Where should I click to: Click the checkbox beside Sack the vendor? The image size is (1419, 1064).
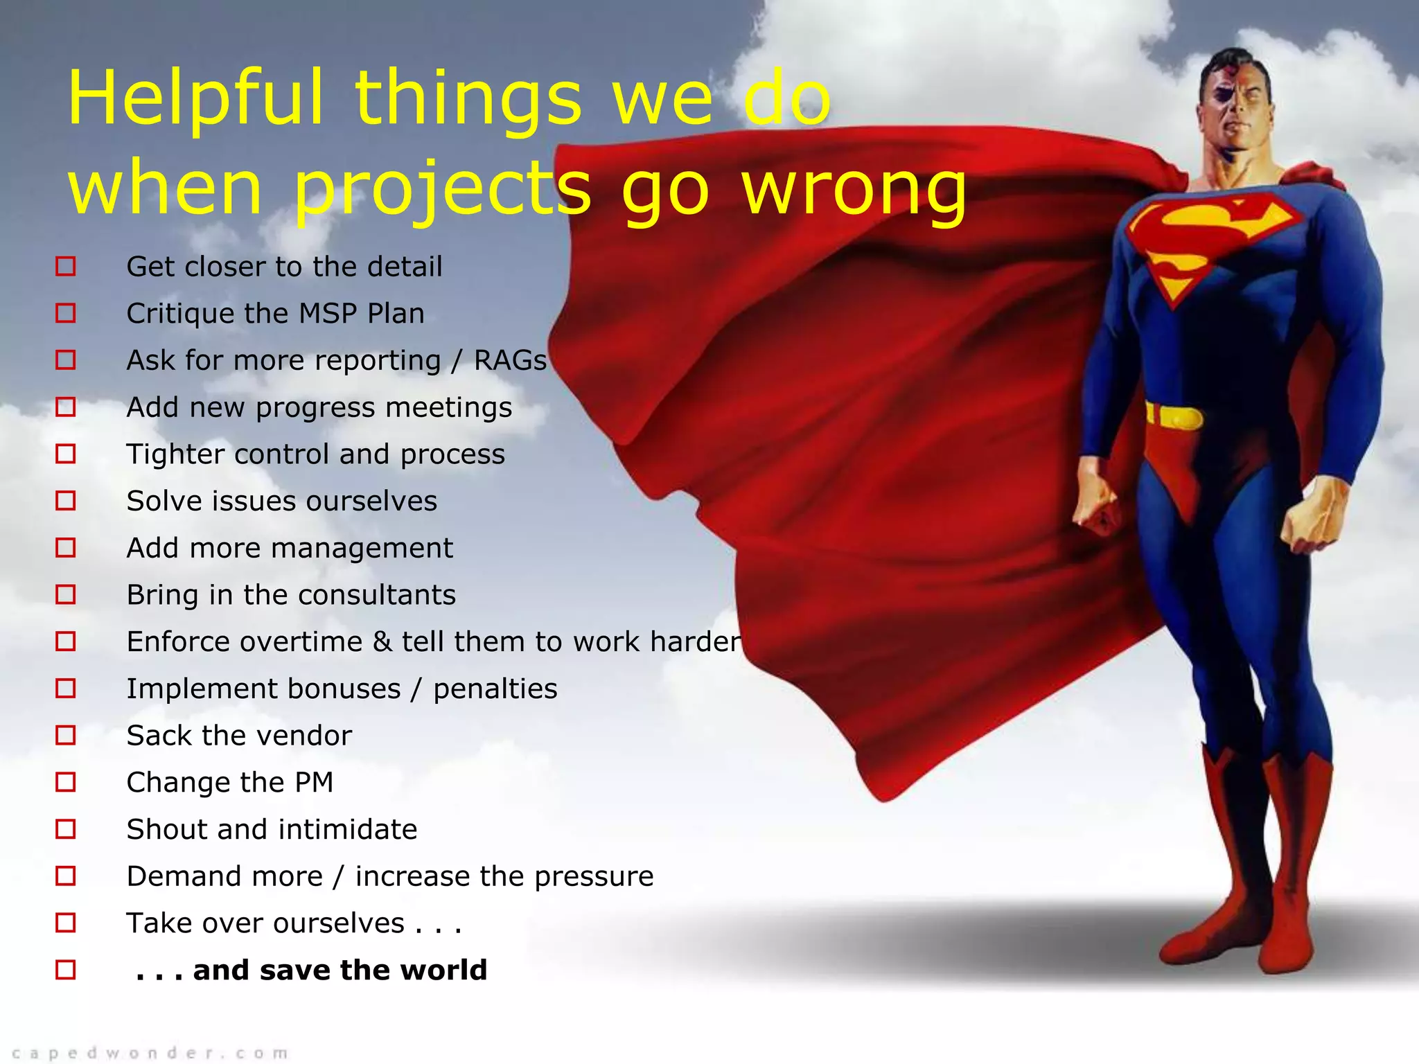[x=66, y=735]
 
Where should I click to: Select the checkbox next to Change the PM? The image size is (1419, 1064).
[x=66, y=782]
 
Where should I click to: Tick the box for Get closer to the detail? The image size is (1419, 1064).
[x=66, y=266]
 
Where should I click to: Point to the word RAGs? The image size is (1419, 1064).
[x=510, y=361]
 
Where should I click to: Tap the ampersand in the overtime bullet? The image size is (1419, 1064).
[x=382, y=641]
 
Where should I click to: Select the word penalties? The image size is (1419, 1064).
[x=495, y=689]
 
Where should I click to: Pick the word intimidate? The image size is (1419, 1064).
[x=348, y=830]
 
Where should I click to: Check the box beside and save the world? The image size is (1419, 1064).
[x=66, y=970]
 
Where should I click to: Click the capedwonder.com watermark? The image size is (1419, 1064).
[x=150, y=1054]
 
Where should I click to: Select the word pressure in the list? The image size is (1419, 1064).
[x=594, y=877]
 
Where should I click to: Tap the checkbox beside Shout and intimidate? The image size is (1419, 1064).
[x=66, y=829]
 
